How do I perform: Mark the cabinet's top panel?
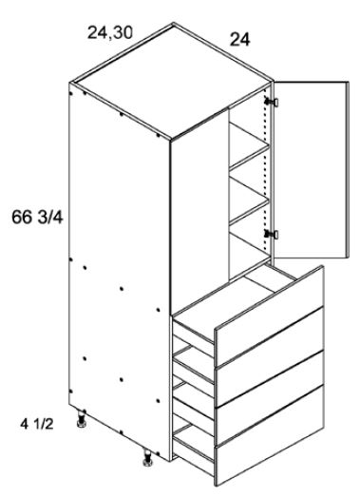[x=171, y=86]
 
